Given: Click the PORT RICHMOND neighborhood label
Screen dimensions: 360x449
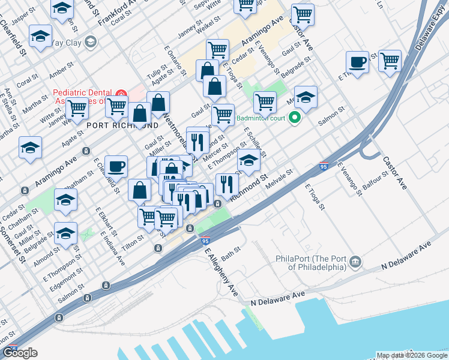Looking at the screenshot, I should click(122, 125).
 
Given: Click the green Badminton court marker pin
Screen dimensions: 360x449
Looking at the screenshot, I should click(295, 118).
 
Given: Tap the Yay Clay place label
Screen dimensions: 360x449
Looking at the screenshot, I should click(65, 42).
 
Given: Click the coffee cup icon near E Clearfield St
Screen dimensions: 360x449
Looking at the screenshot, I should click(116, 166).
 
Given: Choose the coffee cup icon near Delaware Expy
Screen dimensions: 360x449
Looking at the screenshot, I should click(358, 62).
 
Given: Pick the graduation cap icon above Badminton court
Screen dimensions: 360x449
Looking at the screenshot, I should click(306, 98).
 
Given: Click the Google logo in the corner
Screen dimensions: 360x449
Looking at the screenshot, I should click(20, 353).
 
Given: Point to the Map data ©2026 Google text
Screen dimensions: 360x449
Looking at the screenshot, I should click(411, 355).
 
